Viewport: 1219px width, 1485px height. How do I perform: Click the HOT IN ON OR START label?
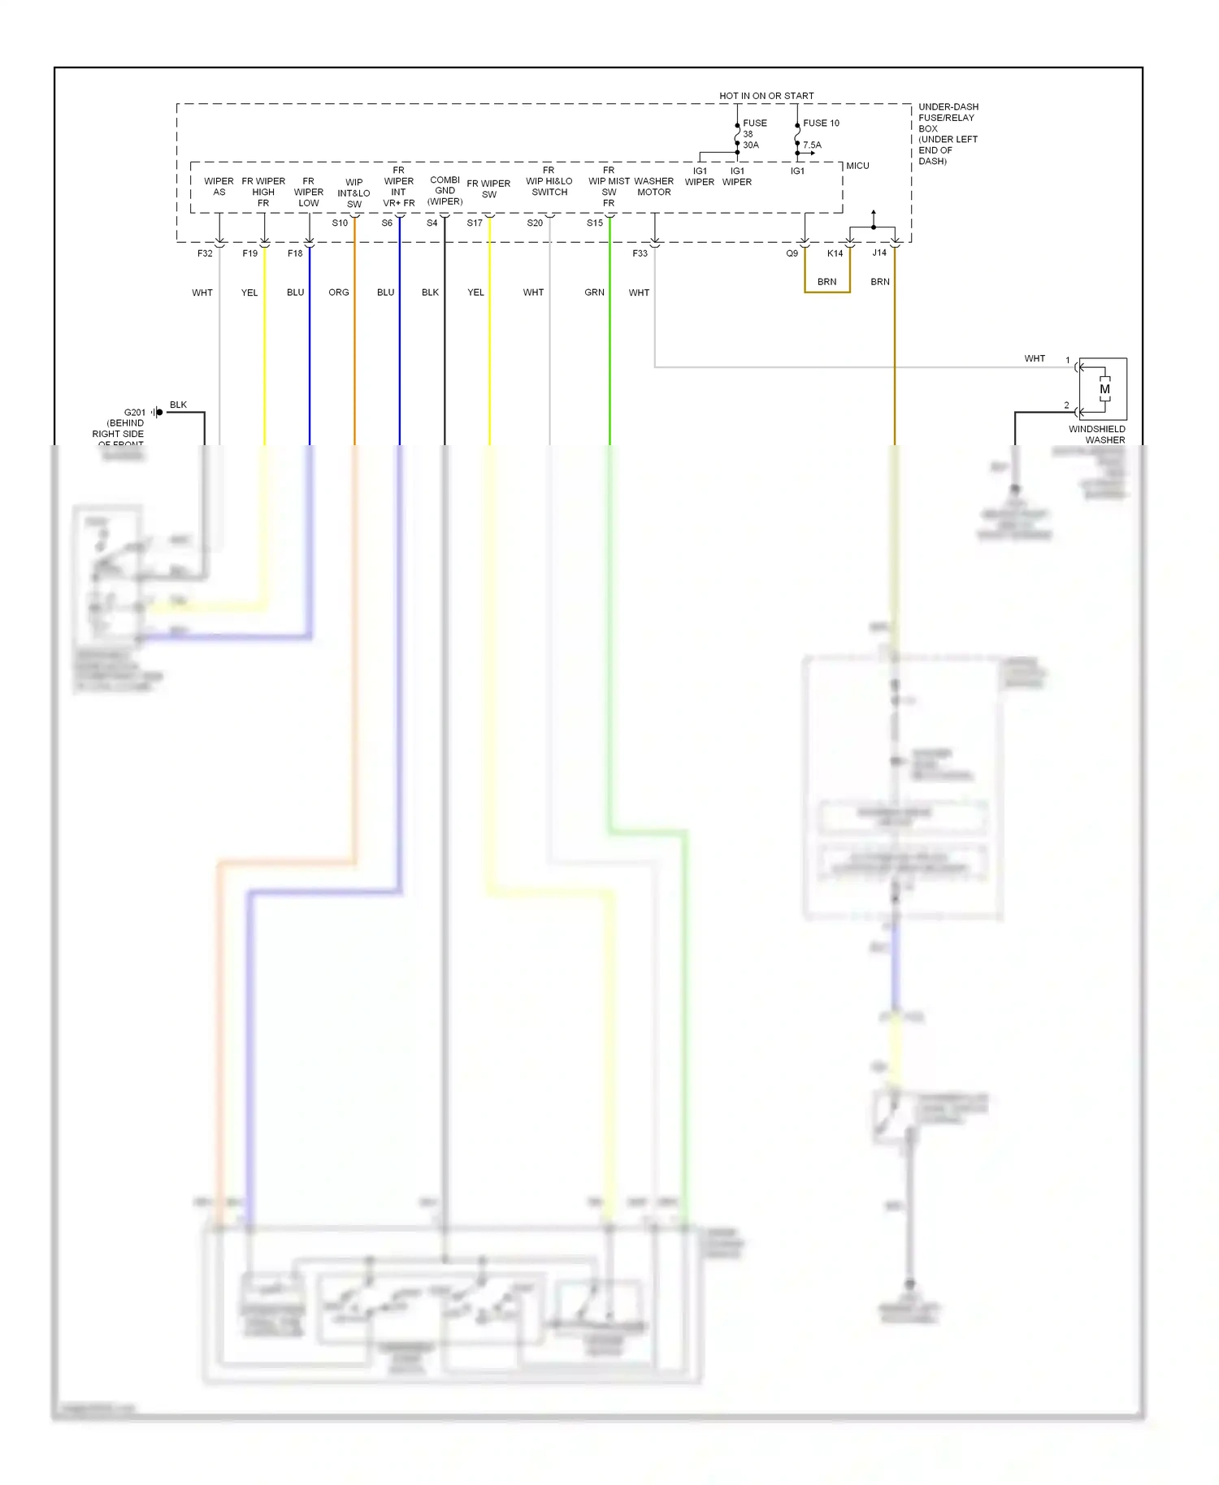point(766,96)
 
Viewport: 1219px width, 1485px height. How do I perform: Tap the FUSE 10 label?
point(821,123)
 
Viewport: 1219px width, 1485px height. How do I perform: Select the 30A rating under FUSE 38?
point(750,145)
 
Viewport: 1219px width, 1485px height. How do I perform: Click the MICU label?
point(857,166)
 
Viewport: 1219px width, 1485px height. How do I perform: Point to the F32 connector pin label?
point(205,253)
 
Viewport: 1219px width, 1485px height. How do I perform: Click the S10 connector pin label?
point(340,223)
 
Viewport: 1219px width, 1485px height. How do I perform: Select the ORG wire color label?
point(339,292)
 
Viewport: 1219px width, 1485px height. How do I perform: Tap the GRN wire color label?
point(594,292)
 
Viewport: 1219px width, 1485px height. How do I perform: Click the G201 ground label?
point(134,413)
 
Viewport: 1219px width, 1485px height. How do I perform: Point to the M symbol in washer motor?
point(1104,389)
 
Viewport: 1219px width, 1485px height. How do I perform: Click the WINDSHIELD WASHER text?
point(1097,435)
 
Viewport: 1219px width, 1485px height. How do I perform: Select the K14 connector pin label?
point(835,253)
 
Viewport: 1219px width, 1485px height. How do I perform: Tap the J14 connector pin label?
point(879,253)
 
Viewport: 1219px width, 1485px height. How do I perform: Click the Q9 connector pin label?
point(792,253)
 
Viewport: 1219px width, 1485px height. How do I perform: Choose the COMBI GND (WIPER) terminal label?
point(445,191)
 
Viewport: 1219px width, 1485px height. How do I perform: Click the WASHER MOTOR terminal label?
point(653,187)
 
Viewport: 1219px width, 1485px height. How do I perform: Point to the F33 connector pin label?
point(640,253)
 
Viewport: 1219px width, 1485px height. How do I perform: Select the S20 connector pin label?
point(535,223)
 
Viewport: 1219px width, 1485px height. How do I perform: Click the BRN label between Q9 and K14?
point(826,282)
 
